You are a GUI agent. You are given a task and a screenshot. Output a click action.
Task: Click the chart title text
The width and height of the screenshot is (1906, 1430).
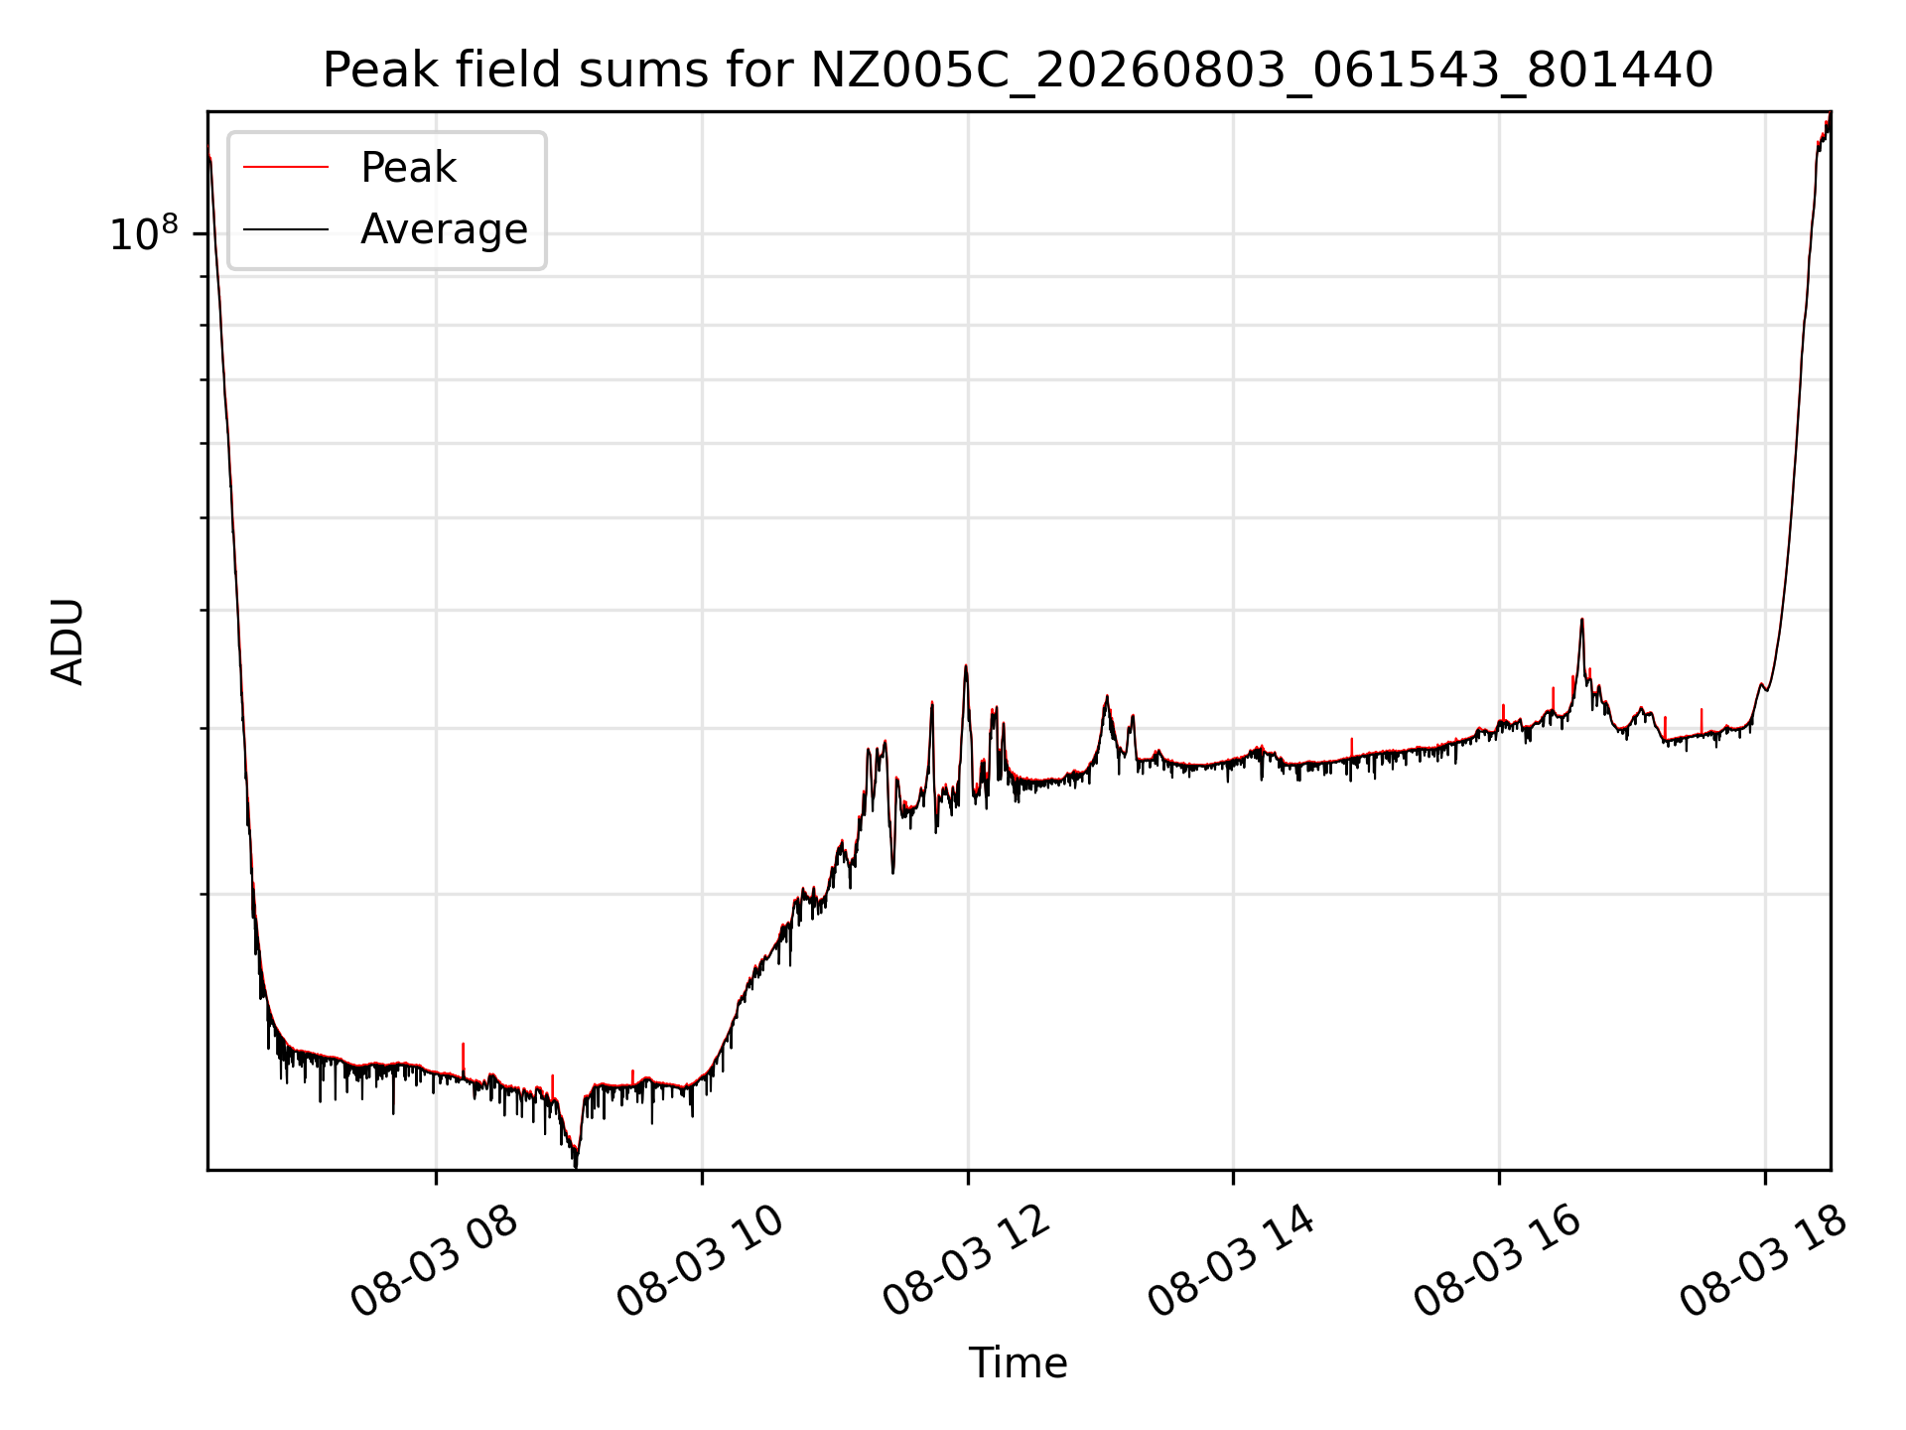point(1018,71)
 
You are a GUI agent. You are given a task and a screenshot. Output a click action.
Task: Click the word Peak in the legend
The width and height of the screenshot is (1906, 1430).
point(408,168)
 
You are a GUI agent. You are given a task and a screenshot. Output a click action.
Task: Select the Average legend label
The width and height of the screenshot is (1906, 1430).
point(444,229)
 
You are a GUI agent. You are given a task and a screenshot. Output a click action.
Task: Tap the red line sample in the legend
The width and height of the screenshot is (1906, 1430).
point(286,168)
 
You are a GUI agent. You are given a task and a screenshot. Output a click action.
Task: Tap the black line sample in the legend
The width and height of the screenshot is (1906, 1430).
point(286,229)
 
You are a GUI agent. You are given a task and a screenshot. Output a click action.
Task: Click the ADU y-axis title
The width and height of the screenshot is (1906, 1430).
point(68,642)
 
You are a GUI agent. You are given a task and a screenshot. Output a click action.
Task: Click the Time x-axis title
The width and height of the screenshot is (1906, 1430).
point(1018,1363)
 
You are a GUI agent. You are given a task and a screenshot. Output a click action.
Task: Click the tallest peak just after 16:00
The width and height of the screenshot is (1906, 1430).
point(1581,620)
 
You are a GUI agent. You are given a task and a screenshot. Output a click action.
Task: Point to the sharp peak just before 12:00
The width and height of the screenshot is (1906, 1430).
point(966,666)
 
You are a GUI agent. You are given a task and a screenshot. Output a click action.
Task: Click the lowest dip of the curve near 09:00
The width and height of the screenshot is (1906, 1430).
point(576,1164)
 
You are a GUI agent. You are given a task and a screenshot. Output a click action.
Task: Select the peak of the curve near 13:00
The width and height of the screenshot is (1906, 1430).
point(1106,697)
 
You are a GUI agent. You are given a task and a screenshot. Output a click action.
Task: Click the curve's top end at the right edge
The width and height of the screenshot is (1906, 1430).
point(1829,117)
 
